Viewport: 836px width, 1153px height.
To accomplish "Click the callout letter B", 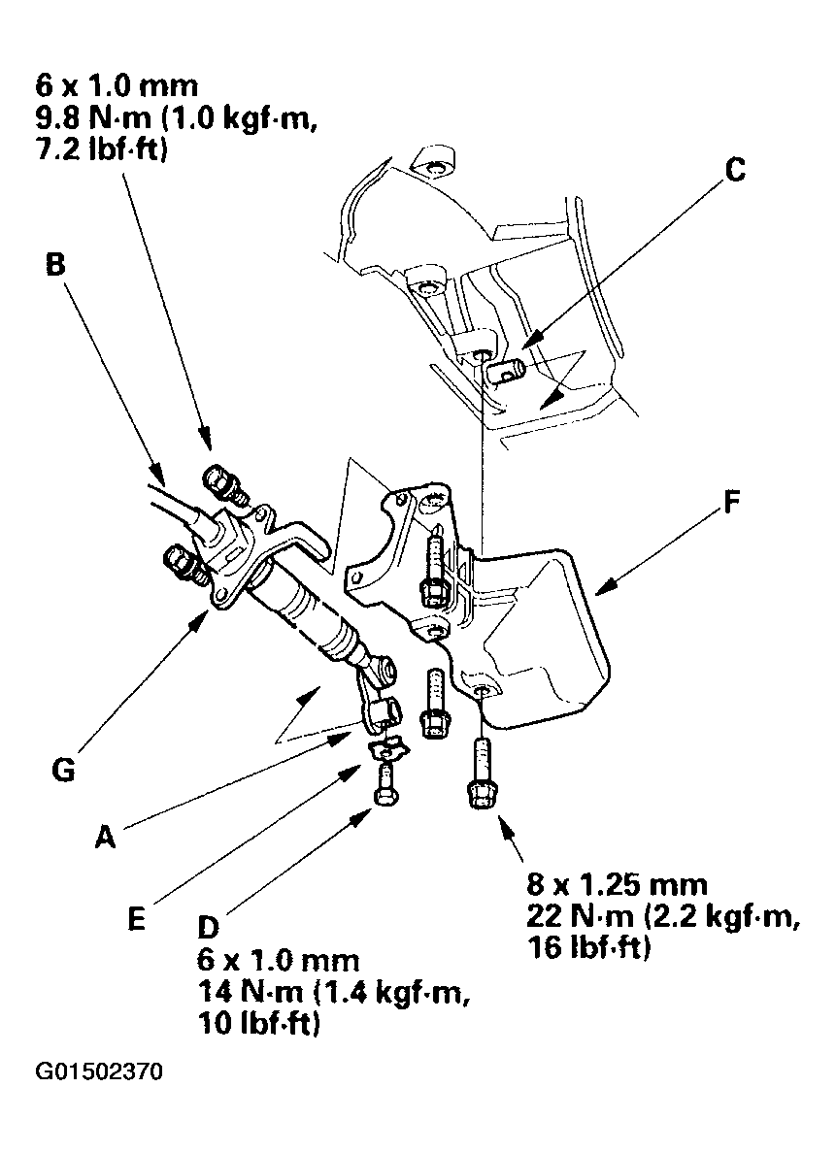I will click(x=55, y=265).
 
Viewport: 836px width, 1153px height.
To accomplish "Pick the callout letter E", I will click(x=136, y=917).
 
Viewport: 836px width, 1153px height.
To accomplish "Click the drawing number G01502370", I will click(x=100, y=1073).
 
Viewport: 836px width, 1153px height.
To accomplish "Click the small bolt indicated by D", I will click(x=385, y=782).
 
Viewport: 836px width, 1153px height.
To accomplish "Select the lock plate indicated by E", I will click(x=389, y=747).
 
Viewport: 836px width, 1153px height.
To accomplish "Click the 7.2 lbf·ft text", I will click(x=86, y=154).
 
